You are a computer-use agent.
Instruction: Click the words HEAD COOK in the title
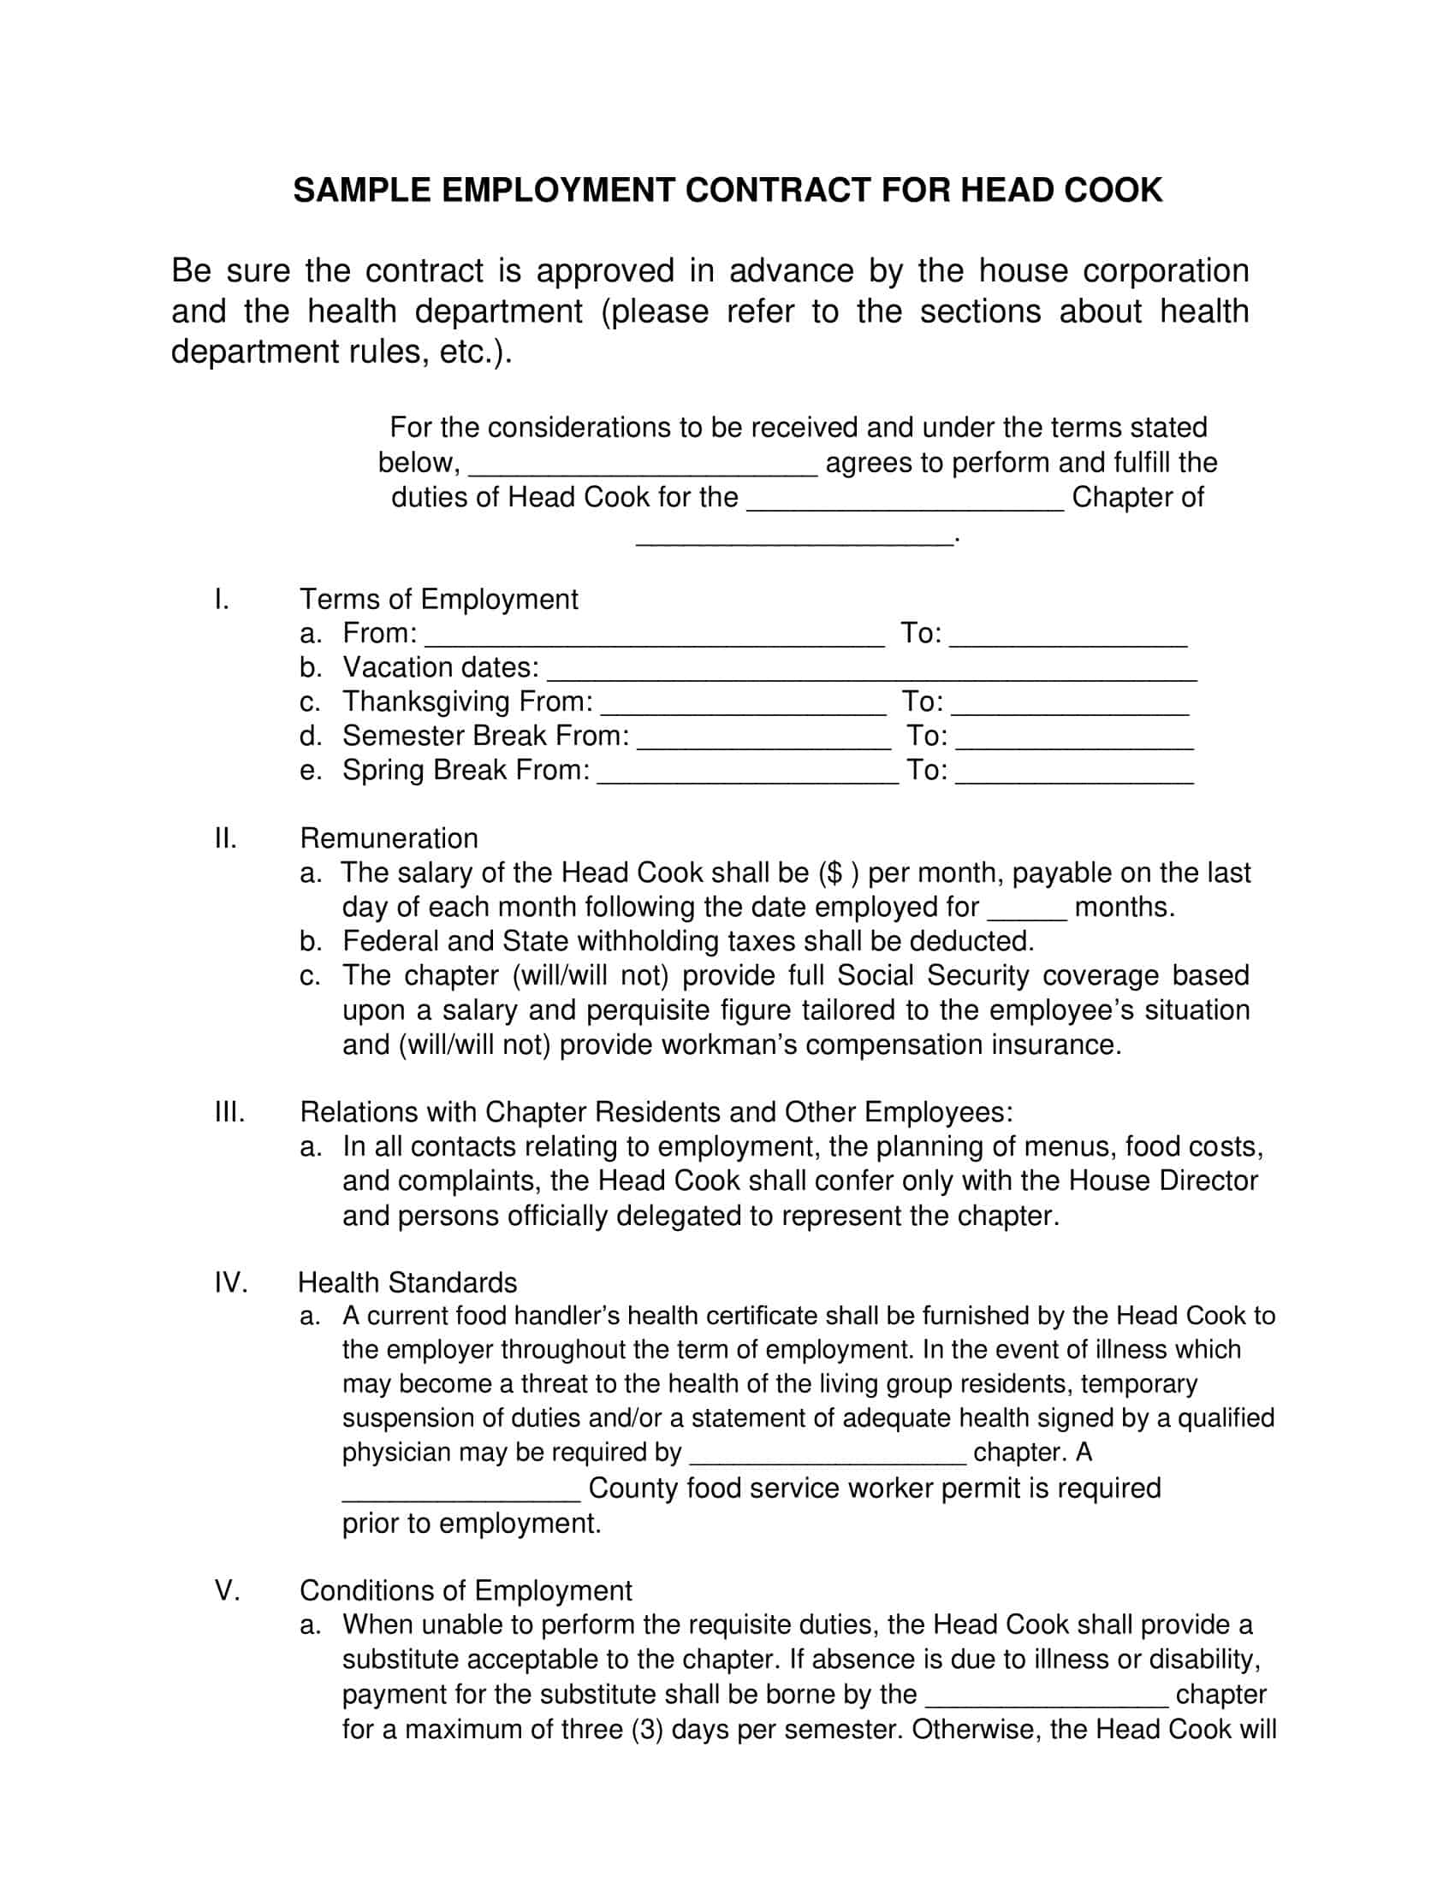1061,191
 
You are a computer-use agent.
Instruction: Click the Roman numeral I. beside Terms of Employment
222,599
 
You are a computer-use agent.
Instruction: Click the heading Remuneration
389,838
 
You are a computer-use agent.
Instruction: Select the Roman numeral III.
229,1112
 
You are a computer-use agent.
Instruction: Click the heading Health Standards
407,1283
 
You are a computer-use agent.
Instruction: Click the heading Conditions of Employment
466,1591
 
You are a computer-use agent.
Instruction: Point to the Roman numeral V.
227,1591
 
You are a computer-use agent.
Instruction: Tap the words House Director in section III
1164,1181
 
